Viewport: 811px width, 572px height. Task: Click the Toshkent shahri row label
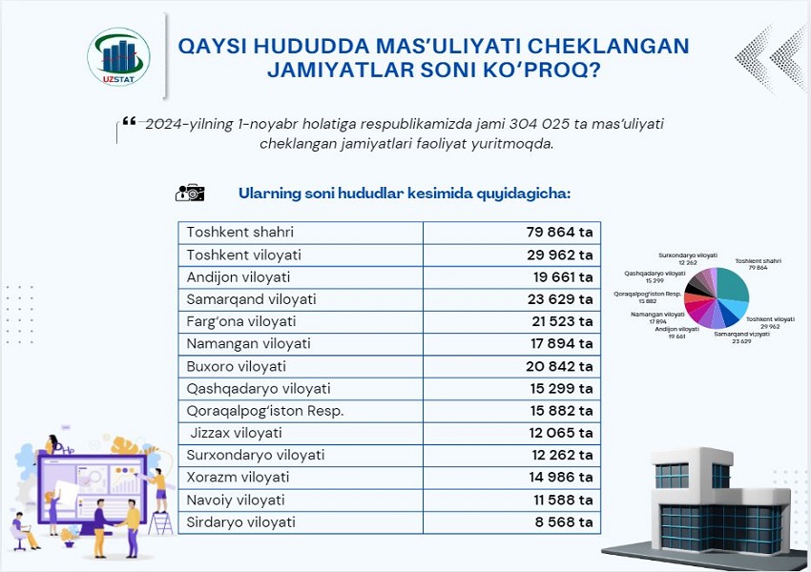[240, 233]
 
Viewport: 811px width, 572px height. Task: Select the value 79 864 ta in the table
[559, 233]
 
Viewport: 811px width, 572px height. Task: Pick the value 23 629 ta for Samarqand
[559, 299]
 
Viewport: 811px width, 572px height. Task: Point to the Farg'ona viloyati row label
[241, 321]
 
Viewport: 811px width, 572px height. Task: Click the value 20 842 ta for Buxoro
[559, 366]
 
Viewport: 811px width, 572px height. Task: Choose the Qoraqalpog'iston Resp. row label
[264, 411]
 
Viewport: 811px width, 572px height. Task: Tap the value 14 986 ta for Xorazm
[559, 478]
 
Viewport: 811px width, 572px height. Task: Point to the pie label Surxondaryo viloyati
[688, 256]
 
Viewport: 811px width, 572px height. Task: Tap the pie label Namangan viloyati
[657, 314]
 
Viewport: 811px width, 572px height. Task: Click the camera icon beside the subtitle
[190, 193]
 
